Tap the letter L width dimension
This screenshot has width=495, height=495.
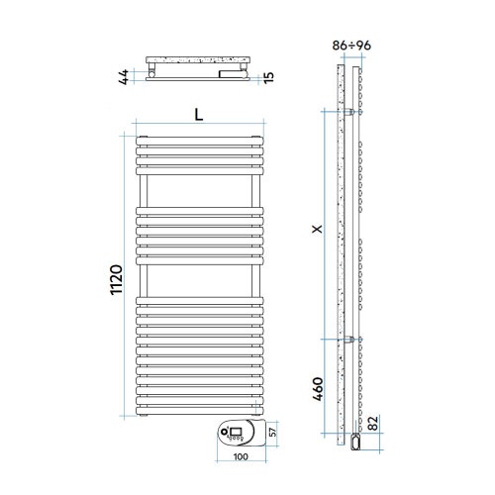pyautogui.click(x=199, y=114)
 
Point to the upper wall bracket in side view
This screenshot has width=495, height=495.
pyautogui.click(x=355, y=111)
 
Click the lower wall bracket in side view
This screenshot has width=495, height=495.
pyautogui.click(x=355, y=340)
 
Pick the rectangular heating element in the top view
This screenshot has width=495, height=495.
pyautogui.click(x=227, y=73)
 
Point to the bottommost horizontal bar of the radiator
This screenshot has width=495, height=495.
pyautogui.click(x=199, y=408)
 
